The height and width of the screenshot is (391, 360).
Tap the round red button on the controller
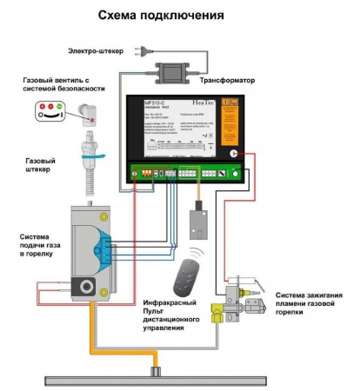(x=233, y=152)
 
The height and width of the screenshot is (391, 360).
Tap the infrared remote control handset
(x=183, y=279)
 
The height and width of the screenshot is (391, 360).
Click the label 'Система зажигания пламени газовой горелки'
(x=309, y=302)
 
